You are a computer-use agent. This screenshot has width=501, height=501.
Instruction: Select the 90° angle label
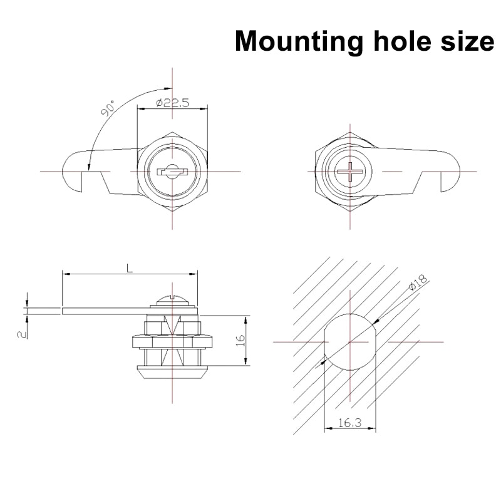108,110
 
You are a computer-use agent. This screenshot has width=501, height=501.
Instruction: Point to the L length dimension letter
130,268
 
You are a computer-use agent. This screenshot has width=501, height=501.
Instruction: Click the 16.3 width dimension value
349,424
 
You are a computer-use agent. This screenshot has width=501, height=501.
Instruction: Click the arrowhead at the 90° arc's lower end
90,167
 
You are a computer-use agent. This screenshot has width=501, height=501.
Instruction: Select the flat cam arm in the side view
106,309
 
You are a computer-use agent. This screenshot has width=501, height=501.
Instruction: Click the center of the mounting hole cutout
350,342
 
